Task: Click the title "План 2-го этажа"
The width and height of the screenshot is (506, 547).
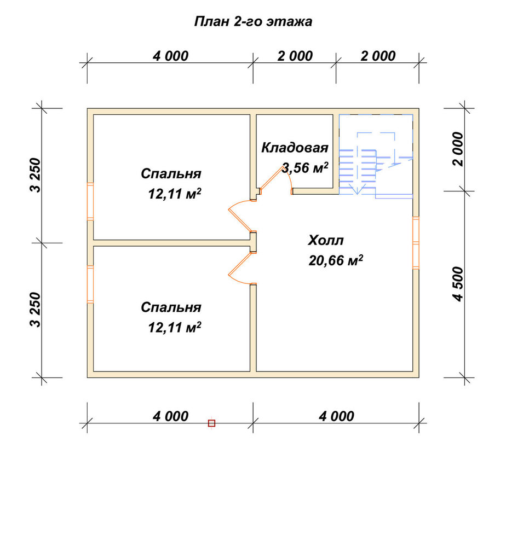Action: (x=253, y=22)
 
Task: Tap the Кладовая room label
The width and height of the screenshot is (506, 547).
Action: (x=295, y=148)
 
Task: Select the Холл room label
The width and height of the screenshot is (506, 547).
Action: (x=326, y=240)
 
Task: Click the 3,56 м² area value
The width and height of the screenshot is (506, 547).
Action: (x=305, y=168)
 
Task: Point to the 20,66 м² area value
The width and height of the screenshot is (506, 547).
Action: (x=336, y=260)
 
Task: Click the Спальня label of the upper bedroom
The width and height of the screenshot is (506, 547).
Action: (x=171, y=174)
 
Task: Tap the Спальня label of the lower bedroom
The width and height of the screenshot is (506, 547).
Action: (x=171, y=307)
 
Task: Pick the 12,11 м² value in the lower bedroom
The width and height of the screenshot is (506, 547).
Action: (x=175, y=328)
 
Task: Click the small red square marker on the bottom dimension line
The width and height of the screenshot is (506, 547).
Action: (x=211, y=423)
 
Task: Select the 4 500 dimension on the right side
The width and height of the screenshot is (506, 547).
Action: (x=458, y=284)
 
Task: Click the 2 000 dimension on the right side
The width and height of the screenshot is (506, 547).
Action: (x=458, y=149)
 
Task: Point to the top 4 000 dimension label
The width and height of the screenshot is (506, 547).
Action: (x=170, y=56)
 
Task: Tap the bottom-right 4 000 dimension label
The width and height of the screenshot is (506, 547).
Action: (x=336, y=416)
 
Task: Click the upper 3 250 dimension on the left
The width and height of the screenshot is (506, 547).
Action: (x=36, y=175)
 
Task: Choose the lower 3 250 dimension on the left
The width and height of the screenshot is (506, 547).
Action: (x=36, y=310)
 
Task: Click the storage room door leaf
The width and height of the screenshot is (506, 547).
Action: (x=272, y=178)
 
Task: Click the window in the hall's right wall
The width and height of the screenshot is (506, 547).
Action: (x=416, y=243)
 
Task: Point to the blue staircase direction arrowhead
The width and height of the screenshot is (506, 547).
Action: (x=357, y=190)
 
